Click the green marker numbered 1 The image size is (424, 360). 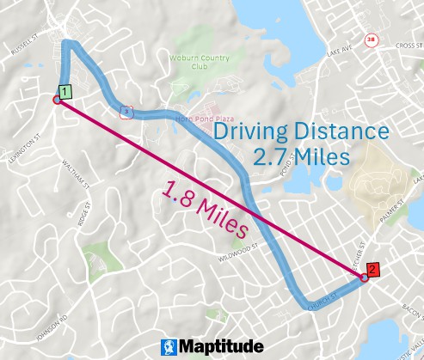coord(65,89)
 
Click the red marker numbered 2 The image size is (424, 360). coord(372,268)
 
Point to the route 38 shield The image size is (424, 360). coord(371,40)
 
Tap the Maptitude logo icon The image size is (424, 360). coord(170,346)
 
